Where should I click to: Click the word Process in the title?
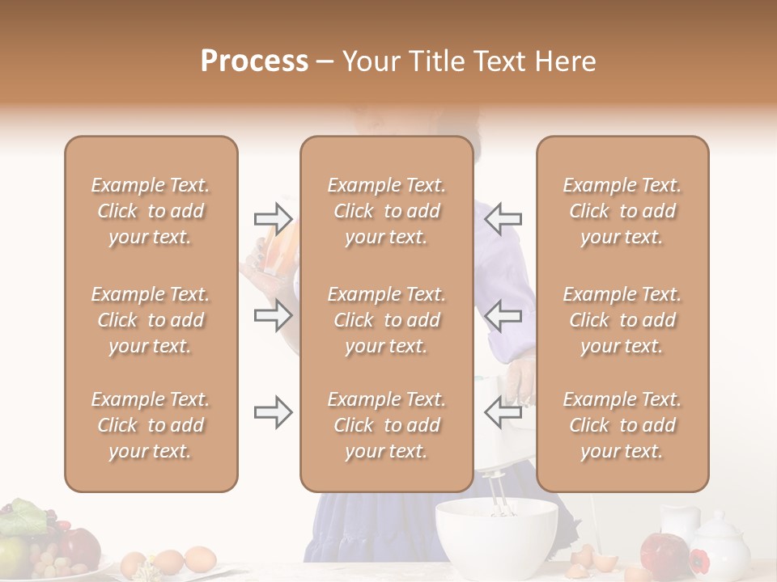click(254, 61)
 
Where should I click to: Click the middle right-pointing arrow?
click(273, 315)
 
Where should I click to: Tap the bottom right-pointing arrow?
click(273, 413)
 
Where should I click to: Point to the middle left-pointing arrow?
click(503, 315)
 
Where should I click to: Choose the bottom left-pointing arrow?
click(503, 413)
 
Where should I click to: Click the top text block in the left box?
click(151, 211)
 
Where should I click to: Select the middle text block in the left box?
click(151, 320)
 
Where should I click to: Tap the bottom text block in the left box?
click(151, 425)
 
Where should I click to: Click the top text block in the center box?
click(386, 211)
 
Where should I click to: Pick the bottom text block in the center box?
click(386, 425)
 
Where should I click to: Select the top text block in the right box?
click(622, 211)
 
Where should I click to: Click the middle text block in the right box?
click(622, 320)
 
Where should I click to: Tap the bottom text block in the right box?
click(622, 425)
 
